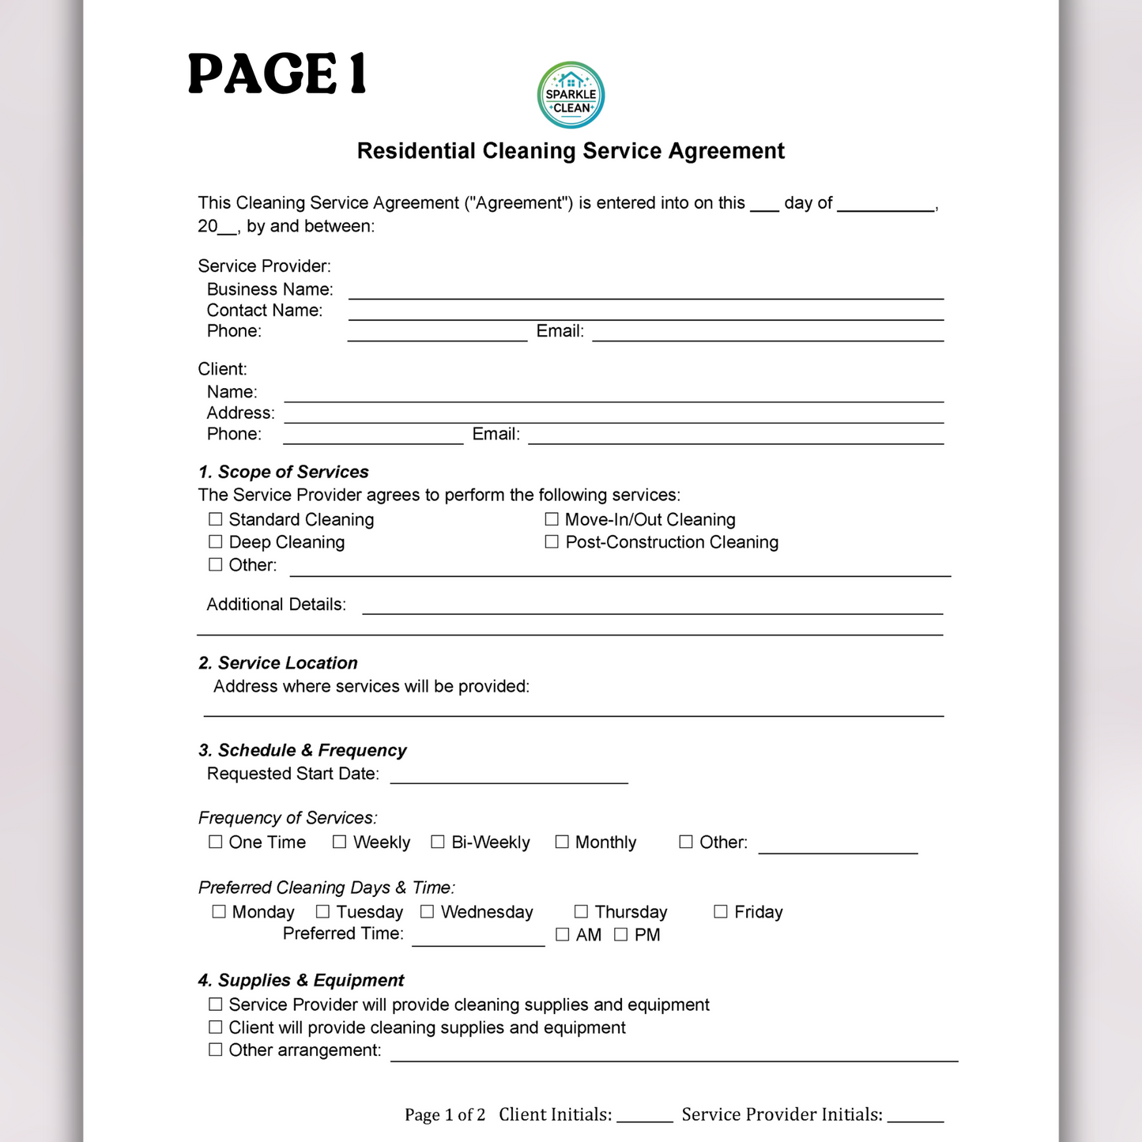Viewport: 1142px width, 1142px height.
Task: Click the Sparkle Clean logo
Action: [571, 95]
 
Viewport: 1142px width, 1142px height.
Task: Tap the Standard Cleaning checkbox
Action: [215, 519]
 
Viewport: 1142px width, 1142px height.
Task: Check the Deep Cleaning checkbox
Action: [215, 541]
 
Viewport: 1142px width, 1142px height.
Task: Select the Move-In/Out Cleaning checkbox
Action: [552, 519]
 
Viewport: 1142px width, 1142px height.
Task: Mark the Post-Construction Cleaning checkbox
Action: [552, 541]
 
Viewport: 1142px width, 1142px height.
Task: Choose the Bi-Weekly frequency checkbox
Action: [438, 842]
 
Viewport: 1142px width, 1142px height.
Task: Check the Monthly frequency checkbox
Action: [562, 842]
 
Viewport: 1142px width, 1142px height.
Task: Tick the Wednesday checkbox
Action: [428, 911]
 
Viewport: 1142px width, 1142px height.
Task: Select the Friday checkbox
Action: [721, 911]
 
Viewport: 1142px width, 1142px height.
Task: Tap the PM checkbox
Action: [621, 934]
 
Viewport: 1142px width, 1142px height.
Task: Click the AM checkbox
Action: [563, 934]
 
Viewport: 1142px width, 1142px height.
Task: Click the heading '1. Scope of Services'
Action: [284, 472]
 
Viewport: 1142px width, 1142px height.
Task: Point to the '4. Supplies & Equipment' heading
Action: [301, 980]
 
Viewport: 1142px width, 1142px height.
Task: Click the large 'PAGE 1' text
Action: [277, 74]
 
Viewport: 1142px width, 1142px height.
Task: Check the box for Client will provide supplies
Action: [215, 1027]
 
